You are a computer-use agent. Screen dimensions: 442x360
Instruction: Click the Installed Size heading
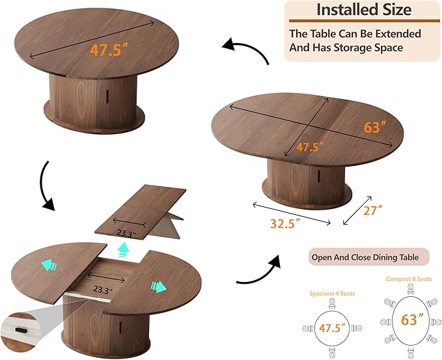pos(364,10)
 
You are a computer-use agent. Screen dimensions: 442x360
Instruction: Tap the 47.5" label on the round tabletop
pos(109,50)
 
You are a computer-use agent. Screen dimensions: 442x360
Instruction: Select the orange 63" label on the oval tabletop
pos(374,127)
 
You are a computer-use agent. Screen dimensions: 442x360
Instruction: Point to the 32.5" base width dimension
pos(285,223)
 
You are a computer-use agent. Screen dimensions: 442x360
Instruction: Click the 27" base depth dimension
pos(372,210)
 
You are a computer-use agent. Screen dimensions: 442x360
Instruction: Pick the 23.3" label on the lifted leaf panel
pos(126,234)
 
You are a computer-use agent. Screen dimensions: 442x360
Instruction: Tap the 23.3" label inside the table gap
pos(103,289)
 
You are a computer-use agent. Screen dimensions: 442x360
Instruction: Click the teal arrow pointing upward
pos(123,249)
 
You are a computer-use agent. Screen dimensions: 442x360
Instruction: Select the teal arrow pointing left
pos(49,265)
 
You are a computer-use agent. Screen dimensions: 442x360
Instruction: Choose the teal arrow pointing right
pos(159,287)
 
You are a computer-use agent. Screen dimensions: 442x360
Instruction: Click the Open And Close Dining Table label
pos(365,257)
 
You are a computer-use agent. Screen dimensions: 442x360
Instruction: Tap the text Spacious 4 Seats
pos(332,294)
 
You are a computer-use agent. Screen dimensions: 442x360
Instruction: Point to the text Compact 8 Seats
pos(409,279)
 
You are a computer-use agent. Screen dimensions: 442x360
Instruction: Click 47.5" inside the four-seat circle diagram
pos(332,328)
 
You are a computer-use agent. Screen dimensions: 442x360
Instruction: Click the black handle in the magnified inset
pos(20,329)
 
